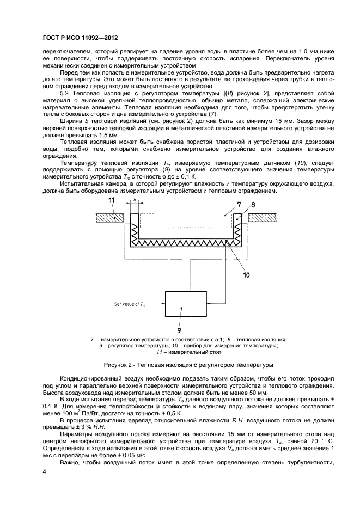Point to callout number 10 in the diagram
tap(246, 274)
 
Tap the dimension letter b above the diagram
tap(135, 201)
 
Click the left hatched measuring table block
tap(110, 217)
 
